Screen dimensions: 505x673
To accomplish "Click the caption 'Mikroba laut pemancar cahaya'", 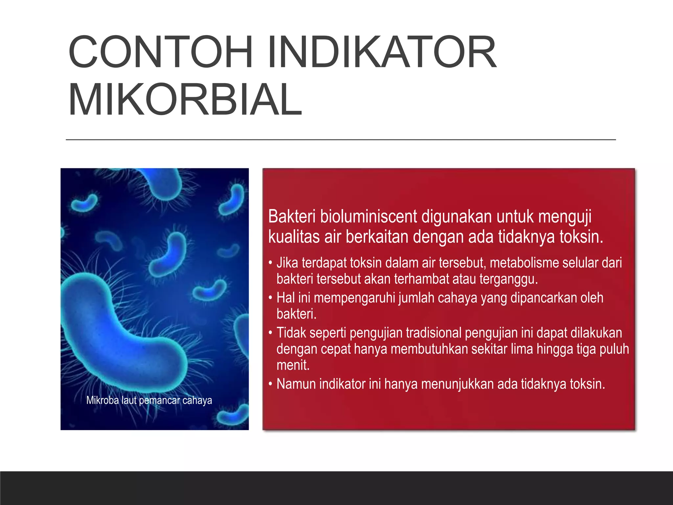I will point(149,400).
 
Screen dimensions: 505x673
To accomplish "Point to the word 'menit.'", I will point(293,365).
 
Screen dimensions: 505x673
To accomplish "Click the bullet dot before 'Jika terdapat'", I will point(270,263).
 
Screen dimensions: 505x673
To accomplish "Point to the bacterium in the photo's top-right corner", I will point(233,199).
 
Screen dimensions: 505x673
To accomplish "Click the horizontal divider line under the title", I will point(340,140).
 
